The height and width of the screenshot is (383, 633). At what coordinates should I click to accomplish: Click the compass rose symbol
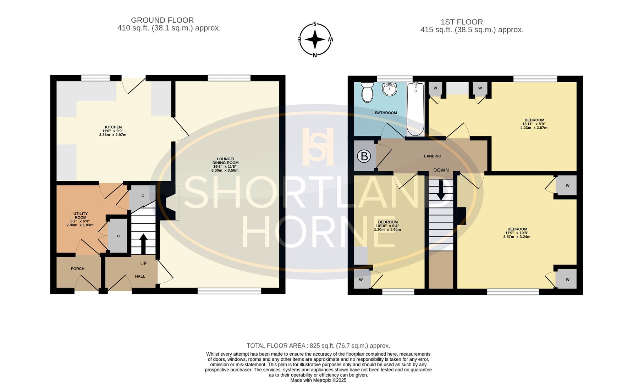(x=315, y=39)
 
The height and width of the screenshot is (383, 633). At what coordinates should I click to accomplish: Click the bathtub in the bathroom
(x=415, y=109)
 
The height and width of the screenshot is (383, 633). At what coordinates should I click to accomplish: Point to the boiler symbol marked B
(x=364, y=156)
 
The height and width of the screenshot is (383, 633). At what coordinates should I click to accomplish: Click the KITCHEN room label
(x=113, y=127)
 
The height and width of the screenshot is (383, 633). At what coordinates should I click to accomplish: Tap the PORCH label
(x=77, y=269)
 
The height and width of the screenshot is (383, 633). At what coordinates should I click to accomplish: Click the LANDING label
(x=433, y=156)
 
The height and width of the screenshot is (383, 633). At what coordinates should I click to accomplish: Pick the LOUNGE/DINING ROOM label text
(x=225, y=161)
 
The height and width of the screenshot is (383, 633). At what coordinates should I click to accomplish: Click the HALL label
(x=140, y=276)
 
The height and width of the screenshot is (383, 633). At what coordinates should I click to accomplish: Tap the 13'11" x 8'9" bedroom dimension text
(x=534, y=124)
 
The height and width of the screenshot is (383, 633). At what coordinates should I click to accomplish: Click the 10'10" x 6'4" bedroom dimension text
(x=387, y=226)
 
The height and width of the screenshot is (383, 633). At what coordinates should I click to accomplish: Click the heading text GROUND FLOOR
(x=162, y=20)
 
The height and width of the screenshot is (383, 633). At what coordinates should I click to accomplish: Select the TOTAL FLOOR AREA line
(x=318, y=345)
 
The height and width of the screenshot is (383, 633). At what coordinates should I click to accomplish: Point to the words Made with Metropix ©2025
(x=318, y=380)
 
